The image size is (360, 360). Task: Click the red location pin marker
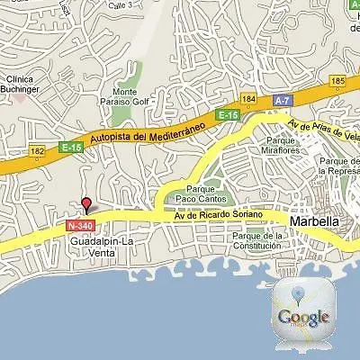pos(86,204)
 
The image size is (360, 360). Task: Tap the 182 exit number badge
pos(37,151)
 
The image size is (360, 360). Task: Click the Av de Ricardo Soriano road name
pos(219,214)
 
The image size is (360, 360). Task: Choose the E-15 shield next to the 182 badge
pos(71,147)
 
